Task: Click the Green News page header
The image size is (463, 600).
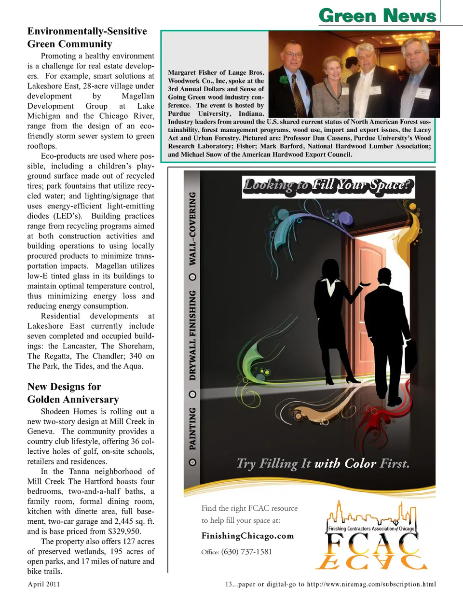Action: (377, 15)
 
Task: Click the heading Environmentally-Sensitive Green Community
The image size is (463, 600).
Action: (87, 38)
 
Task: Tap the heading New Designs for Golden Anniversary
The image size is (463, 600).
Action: (73, 393)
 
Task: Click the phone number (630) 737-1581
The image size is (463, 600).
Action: (246, 552)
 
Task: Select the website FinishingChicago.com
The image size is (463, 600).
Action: (247, 536)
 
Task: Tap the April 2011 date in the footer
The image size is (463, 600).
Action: (44, 584)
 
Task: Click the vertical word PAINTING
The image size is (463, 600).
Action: (193, 429)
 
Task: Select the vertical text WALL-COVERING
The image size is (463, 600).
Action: (193, 229)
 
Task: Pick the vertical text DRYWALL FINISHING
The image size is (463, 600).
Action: (193, 335)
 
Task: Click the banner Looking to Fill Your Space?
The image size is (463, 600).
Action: (328, 186)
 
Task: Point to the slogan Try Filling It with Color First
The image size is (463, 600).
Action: (323, 464)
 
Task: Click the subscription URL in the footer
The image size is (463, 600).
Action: (371, 584)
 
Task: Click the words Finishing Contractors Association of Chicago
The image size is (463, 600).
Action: (371, 529)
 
